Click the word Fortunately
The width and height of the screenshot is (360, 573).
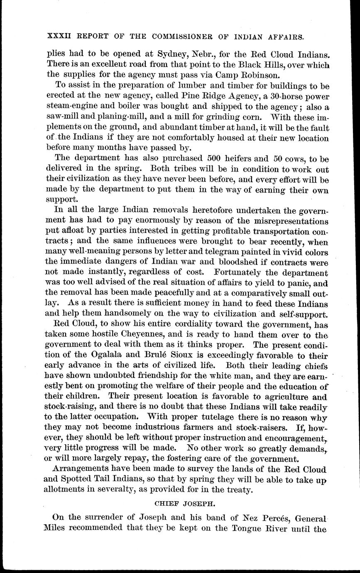pyautogui.click(x=271, y=273)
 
